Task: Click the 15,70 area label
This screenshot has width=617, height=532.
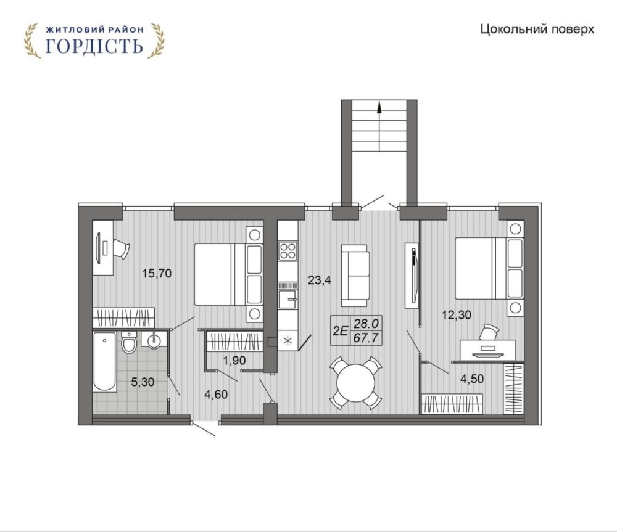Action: coord(157,273)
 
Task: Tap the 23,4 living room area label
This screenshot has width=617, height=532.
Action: coord(320,280)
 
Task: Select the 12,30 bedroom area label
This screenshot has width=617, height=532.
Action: coord(457,315)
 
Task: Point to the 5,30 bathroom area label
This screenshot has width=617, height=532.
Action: coord(143,382)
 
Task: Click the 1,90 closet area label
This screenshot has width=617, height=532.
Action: coord(234,360)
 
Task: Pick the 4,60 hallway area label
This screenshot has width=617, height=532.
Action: coord(216,394)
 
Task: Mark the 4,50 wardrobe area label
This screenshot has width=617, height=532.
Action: coord(472,379)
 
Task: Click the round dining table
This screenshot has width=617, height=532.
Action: coord(357,383)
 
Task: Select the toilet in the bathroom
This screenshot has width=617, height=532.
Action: coord(129,342)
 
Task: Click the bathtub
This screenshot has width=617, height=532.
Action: coord(105,362)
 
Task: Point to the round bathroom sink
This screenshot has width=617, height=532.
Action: coord(154,340)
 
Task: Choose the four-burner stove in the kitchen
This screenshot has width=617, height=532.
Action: coord(288,250)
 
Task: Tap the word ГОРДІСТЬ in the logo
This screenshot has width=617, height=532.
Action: coord(94,46)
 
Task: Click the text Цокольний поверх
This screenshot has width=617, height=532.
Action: coord(537,30)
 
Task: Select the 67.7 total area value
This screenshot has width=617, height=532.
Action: coord(366,338)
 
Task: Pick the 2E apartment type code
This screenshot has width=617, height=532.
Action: coord(341,331)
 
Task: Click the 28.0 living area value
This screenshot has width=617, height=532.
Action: coord(366,324)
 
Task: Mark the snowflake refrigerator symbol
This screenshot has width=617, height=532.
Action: coord(288,341)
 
